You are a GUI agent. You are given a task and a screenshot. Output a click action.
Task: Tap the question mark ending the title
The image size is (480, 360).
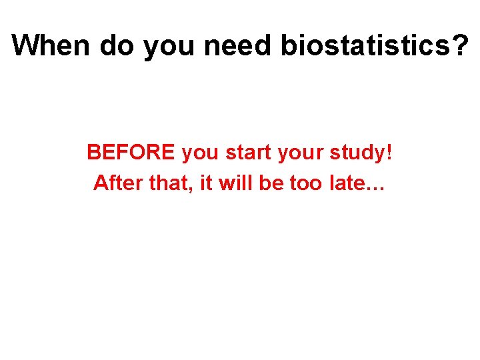tap(460, 45)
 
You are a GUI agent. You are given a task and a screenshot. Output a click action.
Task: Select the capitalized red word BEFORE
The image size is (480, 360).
tap(131, 153)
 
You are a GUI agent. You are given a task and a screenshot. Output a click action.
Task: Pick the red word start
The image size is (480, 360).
tap(248, 153)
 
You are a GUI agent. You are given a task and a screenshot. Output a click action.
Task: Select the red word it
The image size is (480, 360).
tap(205, 182)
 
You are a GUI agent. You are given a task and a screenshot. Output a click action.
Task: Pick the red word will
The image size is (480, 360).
tap(234, 182)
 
